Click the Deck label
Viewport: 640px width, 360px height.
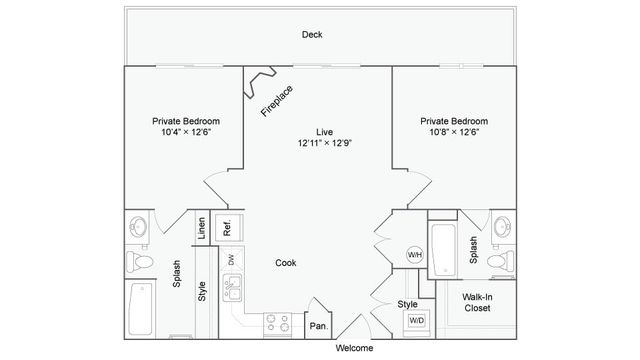click(312, 35)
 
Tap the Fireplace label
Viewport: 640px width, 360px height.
click(277, 101)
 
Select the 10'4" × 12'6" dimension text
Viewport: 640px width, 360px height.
click(186, 132)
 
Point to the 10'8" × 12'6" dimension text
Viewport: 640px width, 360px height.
click(454, 132)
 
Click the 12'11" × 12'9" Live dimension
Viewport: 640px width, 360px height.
click(324, 143)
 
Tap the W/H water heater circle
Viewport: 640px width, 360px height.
click(415, 255)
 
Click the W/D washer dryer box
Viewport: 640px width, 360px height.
click(416, 320)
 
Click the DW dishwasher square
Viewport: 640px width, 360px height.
click(231, 259)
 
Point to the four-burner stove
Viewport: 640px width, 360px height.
click(277, 323)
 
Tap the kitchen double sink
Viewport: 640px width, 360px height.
click(232, 288)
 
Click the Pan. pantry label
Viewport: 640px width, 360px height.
click(318, 326)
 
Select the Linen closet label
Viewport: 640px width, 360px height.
click(202, 228)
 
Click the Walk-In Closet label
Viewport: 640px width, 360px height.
click(477, 302)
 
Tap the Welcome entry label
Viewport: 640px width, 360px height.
click(354, 348)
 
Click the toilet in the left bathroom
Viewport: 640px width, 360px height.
click(140, 262)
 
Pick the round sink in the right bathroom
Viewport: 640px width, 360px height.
click(503, 227)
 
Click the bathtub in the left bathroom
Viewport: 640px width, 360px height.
click(140, 309)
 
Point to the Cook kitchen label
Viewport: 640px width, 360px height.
click(286, 263)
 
